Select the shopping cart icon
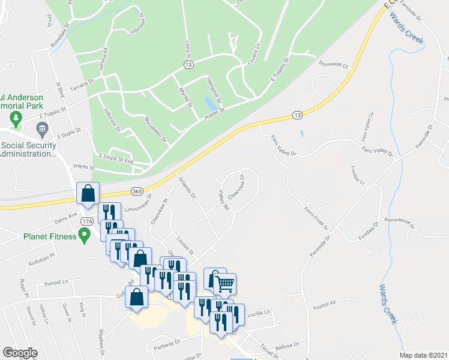point(224,283)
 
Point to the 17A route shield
point(87,221)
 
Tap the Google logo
point(20,353)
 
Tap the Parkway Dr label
point(166,344)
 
